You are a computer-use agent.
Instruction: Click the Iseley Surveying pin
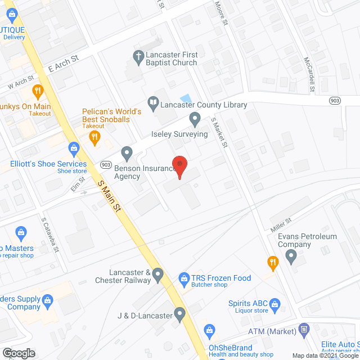(195, 119)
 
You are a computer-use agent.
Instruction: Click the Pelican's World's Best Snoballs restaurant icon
(95, 136)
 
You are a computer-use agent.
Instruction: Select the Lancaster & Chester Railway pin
(158, 275)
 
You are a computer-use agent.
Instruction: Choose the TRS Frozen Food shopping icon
(183, 278)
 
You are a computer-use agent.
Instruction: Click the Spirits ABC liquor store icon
(275, 305)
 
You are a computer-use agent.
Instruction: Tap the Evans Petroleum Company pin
(291, 258)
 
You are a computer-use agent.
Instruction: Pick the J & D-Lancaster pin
(179, 314)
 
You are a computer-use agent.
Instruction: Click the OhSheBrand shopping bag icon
(209, 330)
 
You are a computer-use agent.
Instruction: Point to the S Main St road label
(110, 196)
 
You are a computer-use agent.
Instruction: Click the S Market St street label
(218, 133)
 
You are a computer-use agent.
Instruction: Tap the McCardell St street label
(309, 74)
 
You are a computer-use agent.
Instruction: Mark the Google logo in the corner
(18, 353)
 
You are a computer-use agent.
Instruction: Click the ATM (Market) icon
(304, 328)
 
